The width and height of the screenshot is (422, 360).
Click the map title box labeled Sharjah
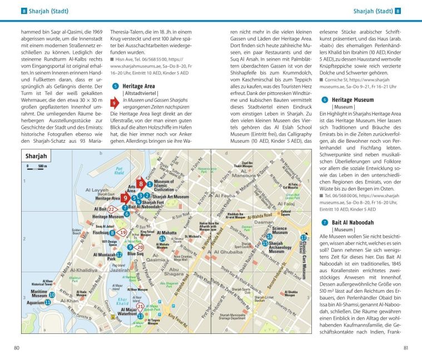tap(37, 157)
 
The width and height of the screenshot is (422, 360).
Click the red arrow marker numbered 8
tap(141, 183)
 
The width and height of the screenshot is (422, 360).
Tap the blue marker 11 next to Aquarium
tap(48, 303)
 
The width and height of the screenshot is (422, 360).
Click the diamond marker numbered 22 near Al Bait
tap(112, 209)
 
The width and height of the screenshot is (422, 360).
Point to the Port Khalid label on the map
tap(118, 171)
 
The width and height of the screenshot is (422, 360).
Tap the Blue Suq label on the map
tap(135, 253)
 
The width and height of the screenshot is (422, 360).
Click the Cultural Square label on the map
tap(286, 212)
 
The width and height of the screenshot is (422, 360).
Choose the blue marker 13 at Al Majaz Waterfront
tap(141, 316)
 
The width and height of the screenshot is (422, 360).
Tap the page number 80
tap(17, 348)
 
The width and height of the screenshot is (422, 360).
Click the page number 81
tap(404, 348)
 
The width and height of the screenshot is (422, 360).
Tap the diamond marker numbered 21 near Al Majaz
tap(141, 306)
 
